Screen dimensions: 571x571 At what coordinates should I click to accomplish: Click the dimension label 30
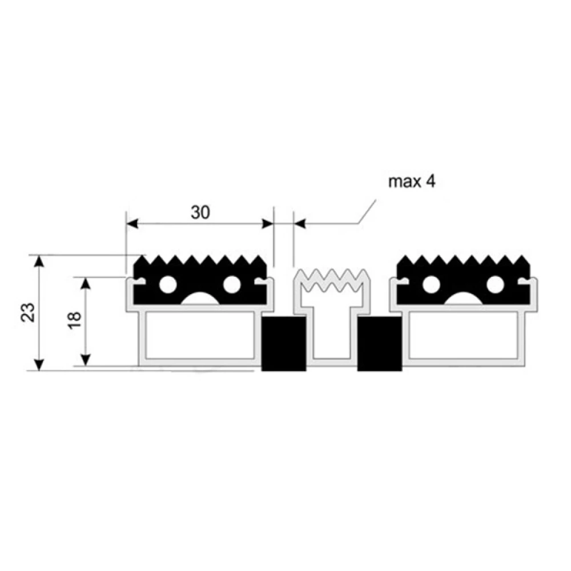click(x=200, y=212)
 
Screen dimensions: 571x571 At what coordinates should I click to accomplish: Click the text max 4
click(x=412, y=182)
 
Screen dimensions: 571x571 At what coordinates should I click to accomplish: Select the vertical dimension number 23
click(x=29, y=312)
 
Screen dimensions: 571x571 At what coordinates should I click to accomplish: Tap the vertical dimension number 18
click(x=74, y=320)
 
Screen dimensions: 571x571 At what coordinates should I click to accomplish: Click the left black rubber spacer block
click(x=284, y=343)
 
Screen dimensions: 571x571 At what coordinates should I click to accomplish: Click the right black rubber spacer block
click(x=380, y=343)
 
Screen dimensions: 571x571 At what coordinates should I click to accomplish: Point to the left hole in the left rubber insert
click(x=168, y=284)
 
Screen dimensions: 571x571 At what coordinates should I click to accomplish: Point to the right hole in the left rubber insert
click(x=232, y=284)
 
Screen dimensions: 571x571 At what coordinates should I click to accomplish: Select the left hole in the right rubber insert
click(x=431, y=284)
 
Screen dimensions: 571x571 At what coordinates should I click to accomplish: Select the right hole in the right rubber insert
click(x=495, y=284)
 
